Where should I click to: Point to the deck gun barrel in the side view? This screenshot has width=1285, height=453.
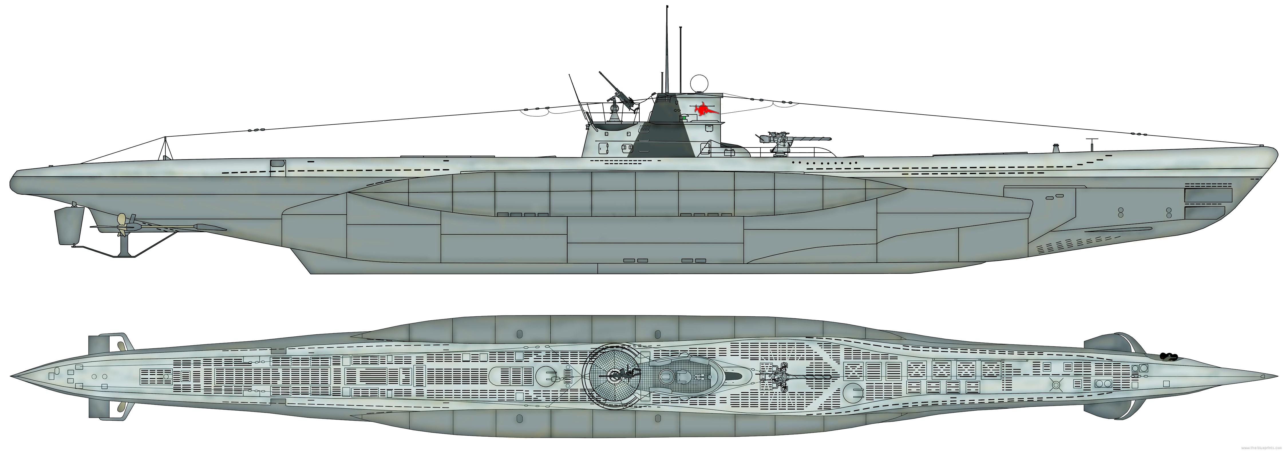[808, 139]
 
